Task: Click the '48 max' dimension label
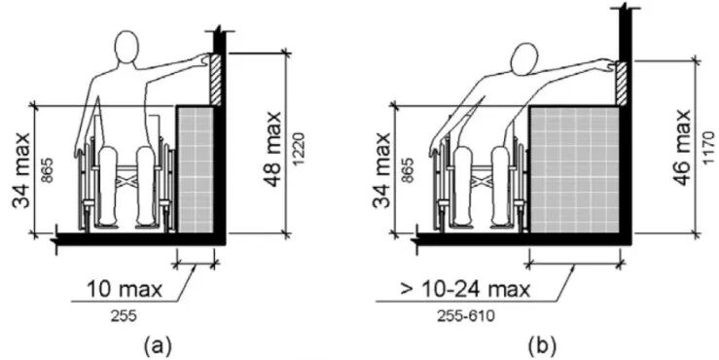271,148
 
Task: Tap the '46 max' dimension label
683,147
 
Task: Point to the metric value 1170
707,148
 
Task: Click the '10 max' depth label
125,289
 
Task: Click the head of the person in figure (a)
126,47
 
